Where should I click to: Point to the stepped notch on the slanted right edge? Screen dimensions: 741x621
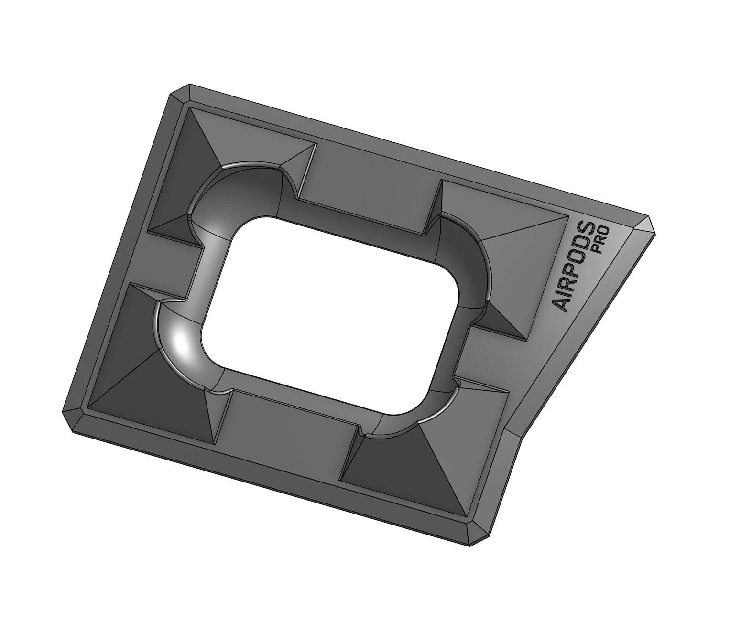tap(513, 436)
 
